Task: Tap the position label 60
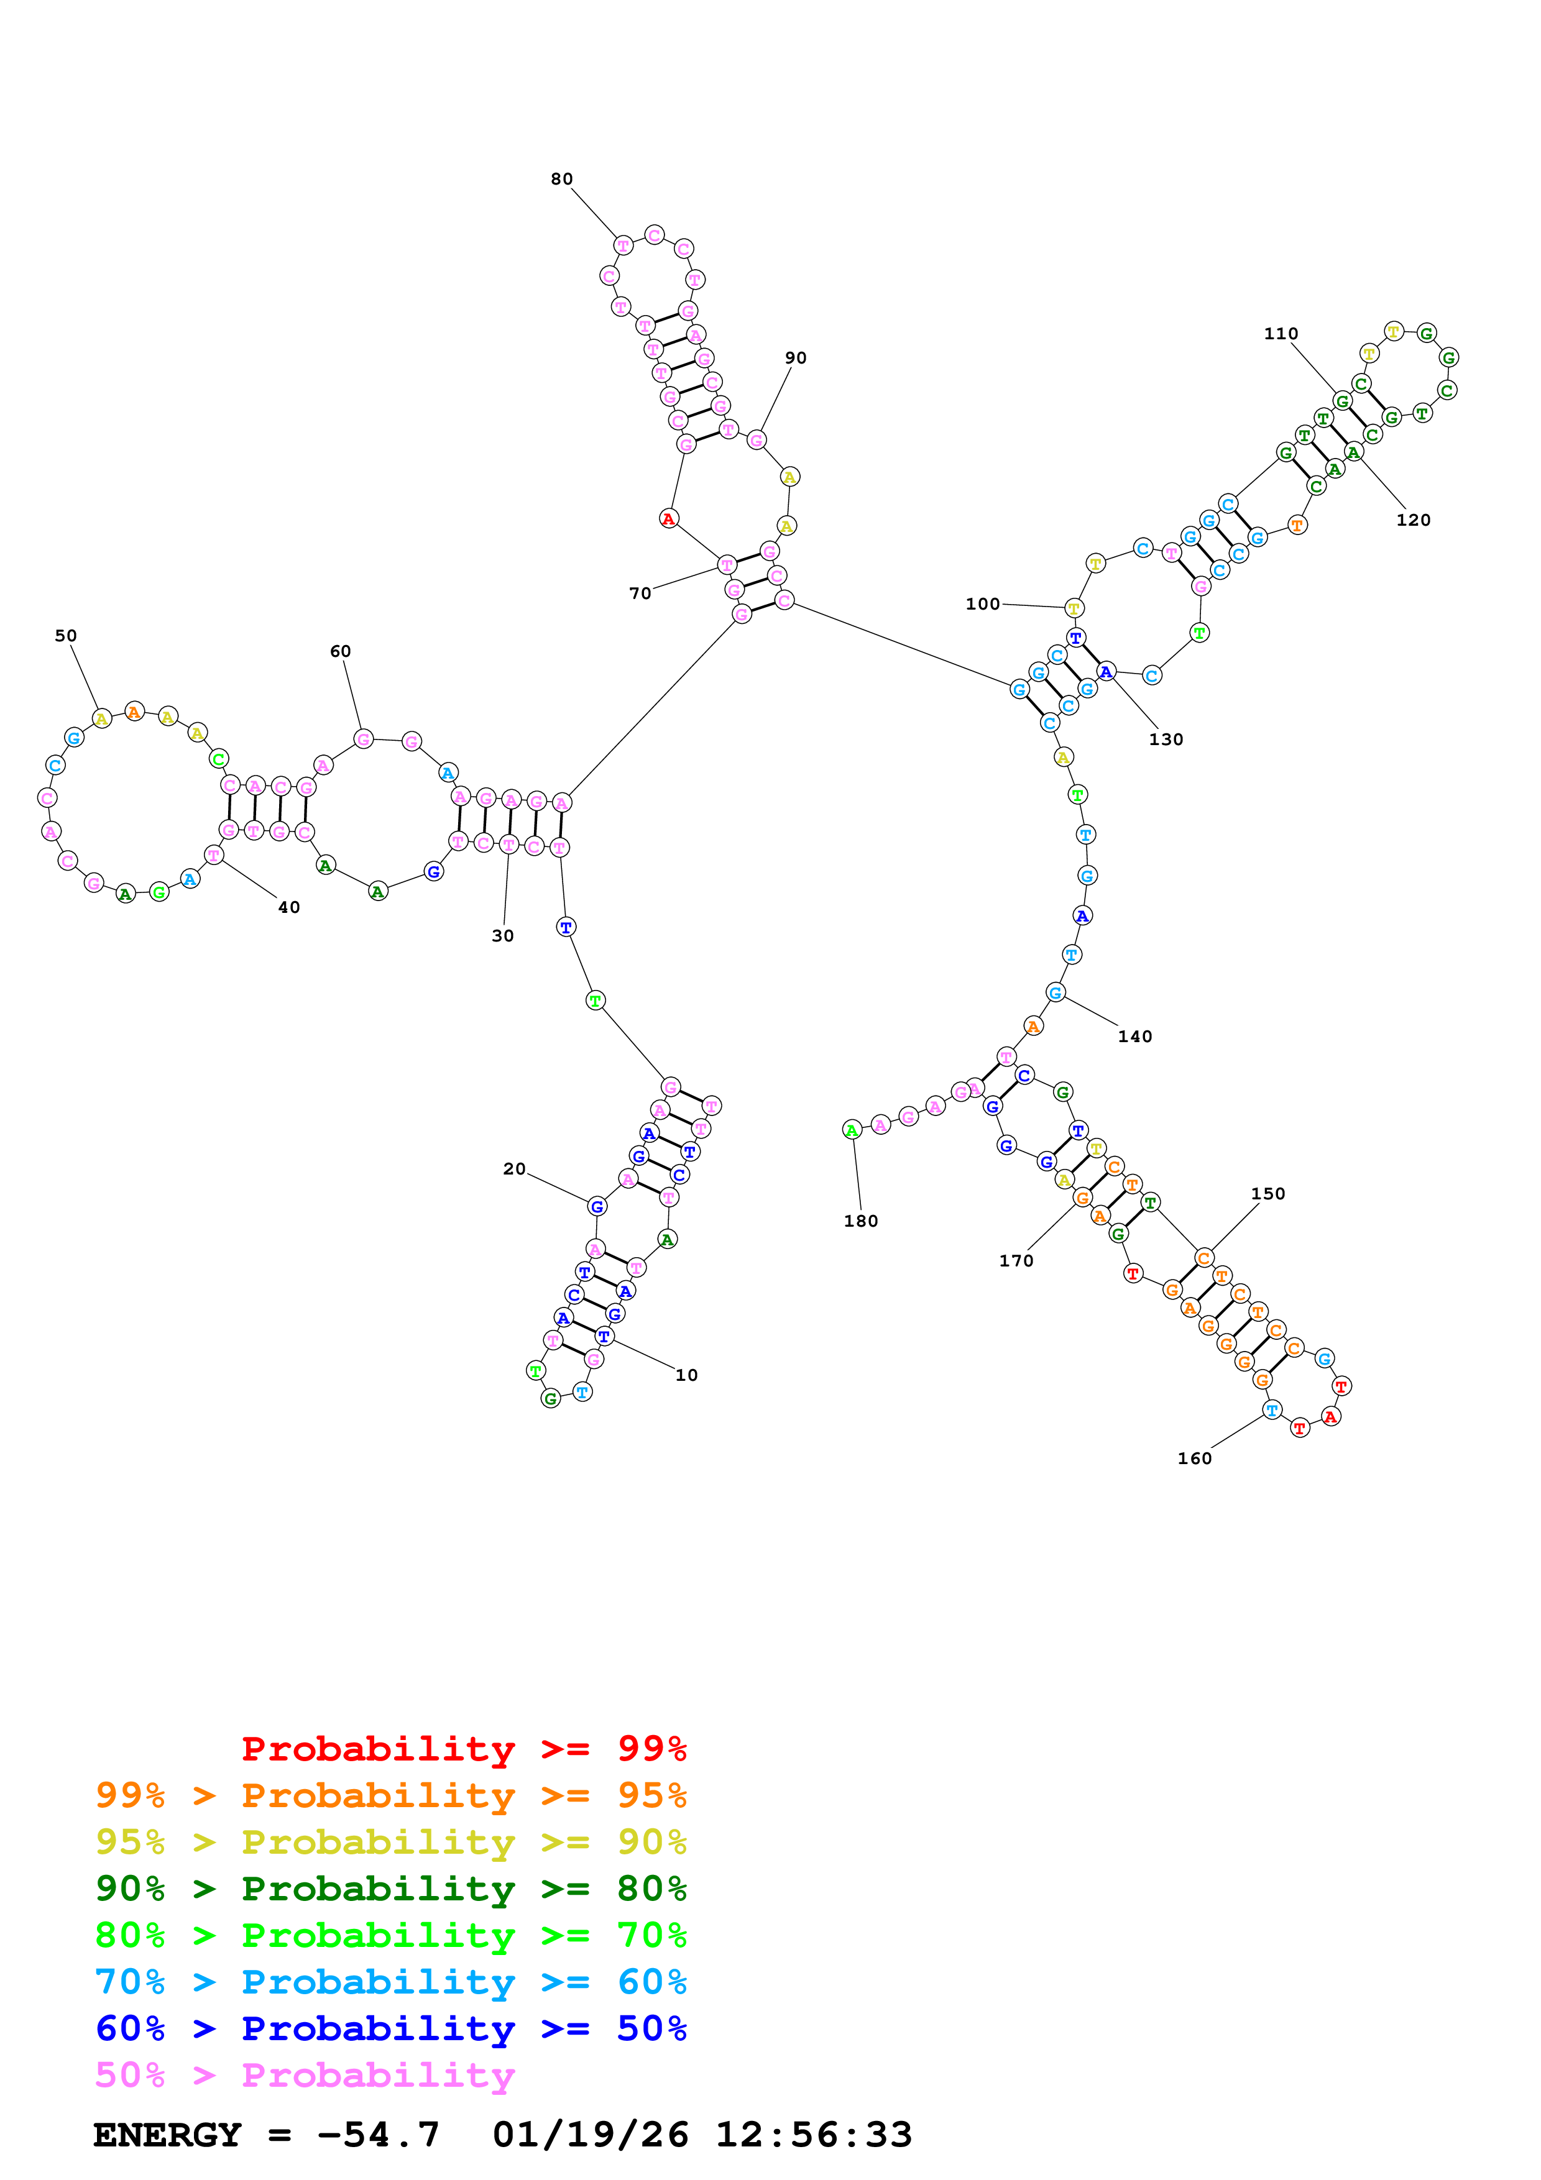click(340, 651)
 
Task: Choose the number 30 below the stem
click(502, 936)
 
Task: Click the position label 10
click(686, 1375)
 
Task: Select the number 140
click(1134, 1037)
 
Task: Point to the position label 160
click(1194, 1459)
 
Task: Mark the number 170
click(1015, 1261)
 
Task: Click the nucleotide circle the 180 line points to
click(852, 1130)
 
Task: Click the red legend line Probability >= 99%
click(463, 1749)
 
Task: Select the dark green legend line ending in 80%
click(390, 1889)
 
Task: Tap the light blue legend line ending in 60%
click(390, 1982)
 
